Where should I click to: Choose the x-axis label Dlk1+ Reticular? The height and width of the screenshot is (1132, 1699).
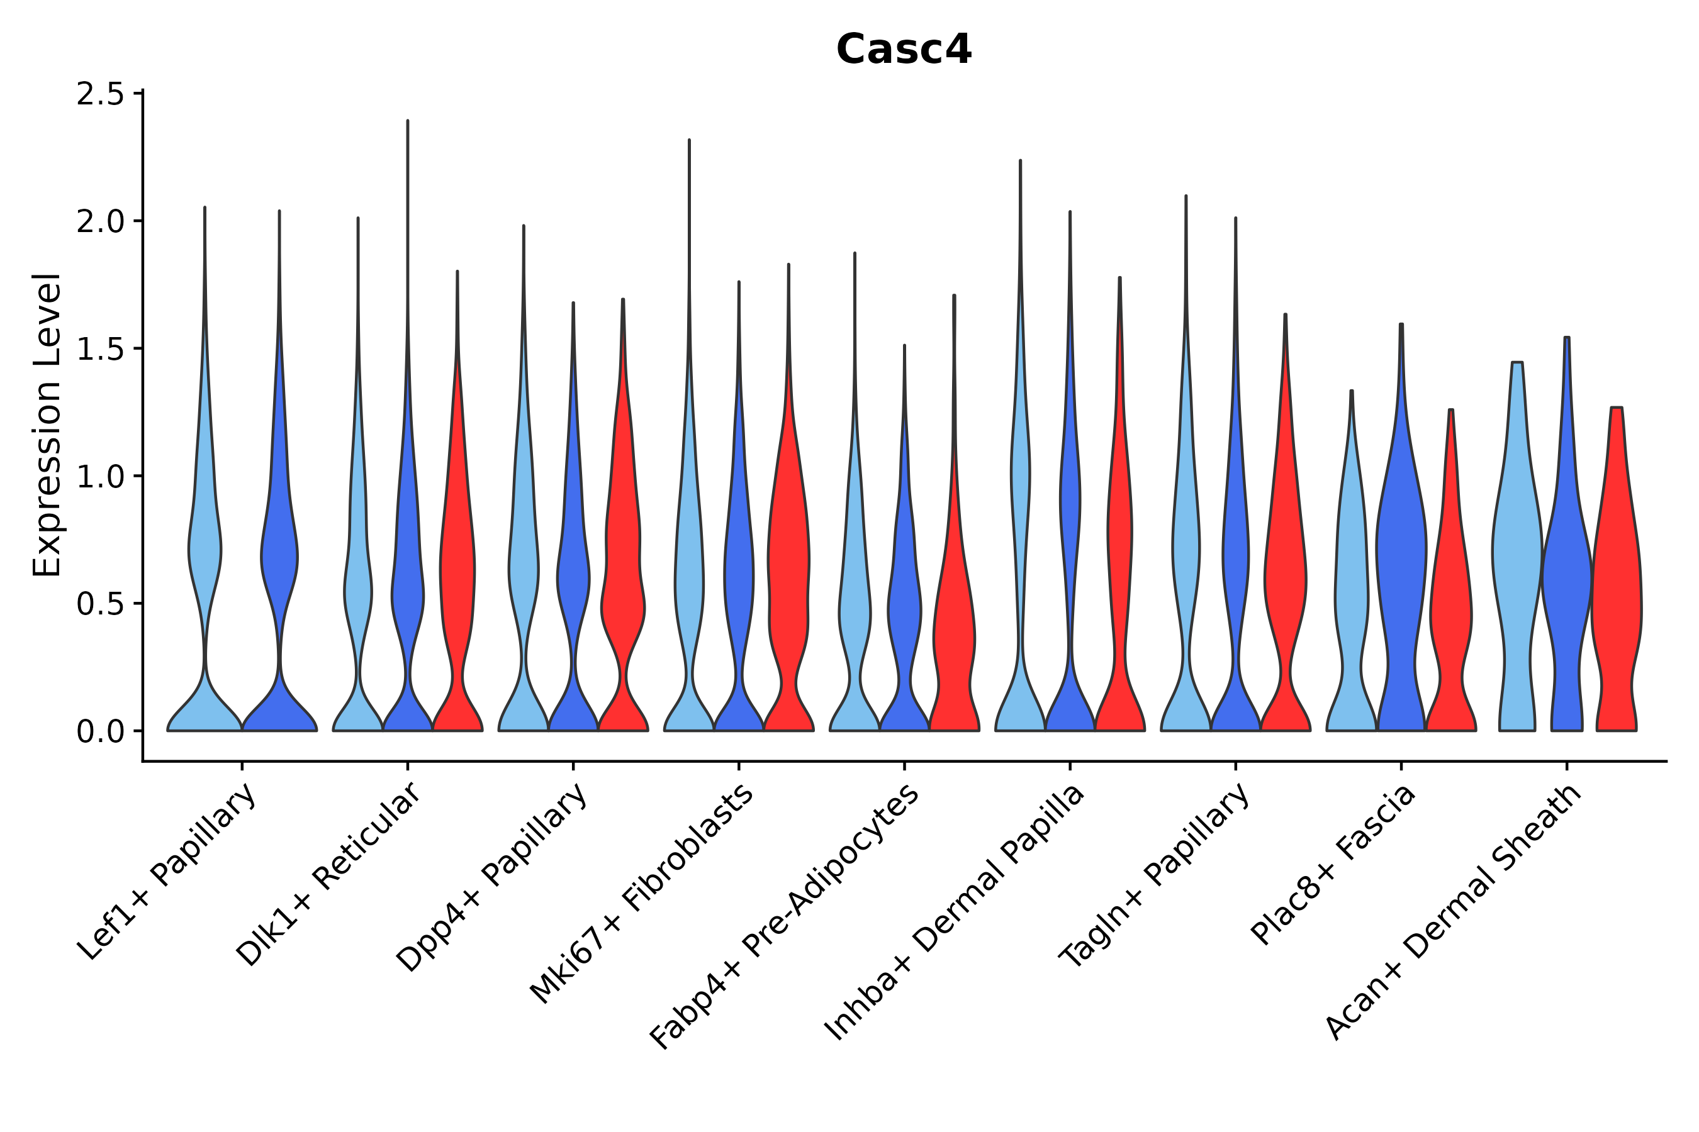point(328,875)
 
